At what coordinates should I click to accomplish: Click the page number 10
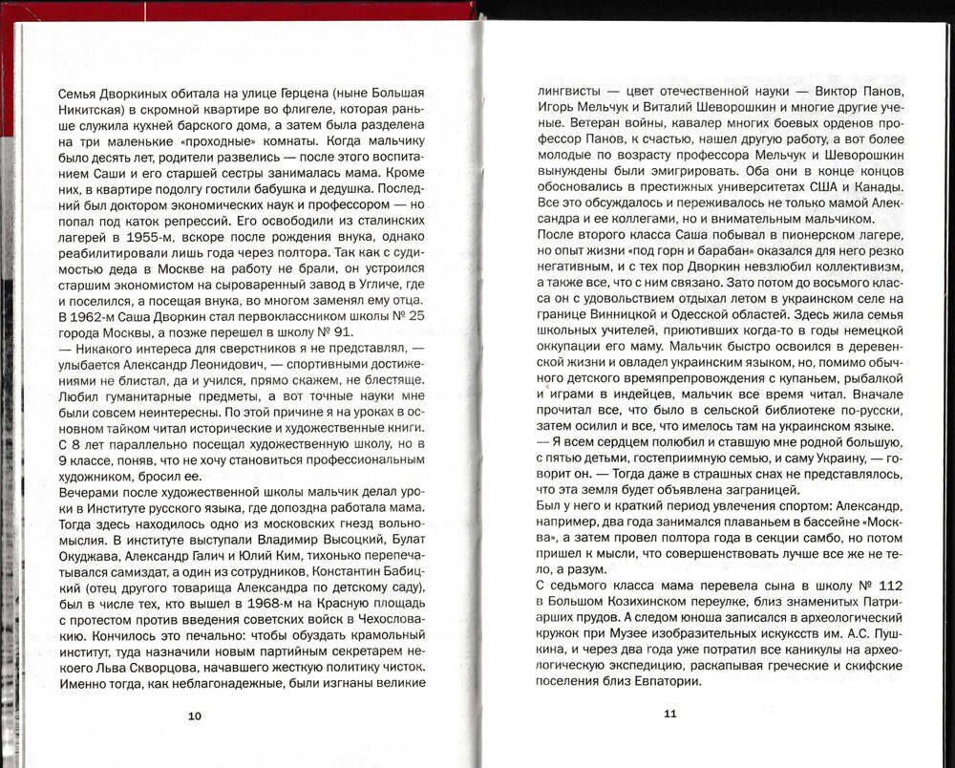tap(195, 715)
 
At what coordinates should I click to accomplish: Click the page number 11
tap(669, 713)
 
